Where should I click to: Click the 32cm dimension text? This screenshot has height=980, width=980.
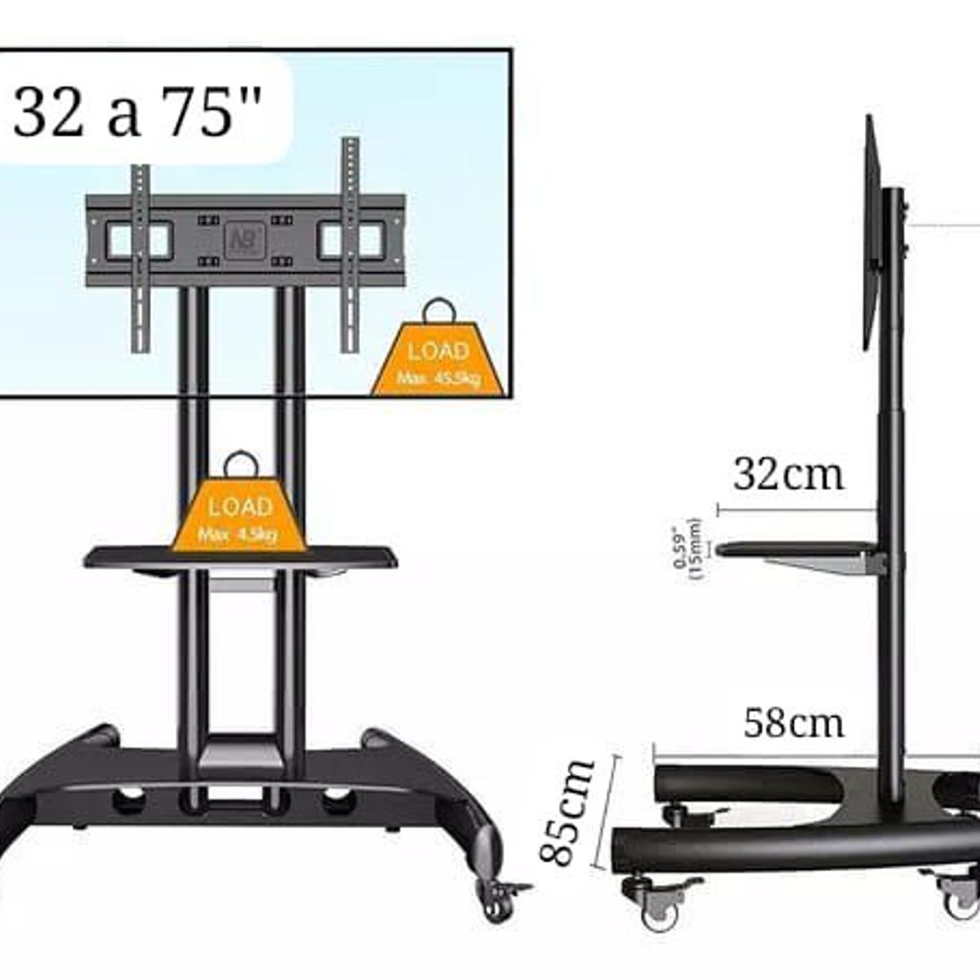tap(787, 474)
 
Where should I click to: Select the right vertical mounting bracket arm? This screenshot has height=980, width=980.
tap(350, 249)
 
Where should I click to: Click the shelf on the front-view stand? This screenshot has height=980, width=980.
tap(241, 559)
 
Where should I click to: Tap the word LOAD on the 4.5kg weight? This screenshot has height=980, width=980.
tap(239, 506)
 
